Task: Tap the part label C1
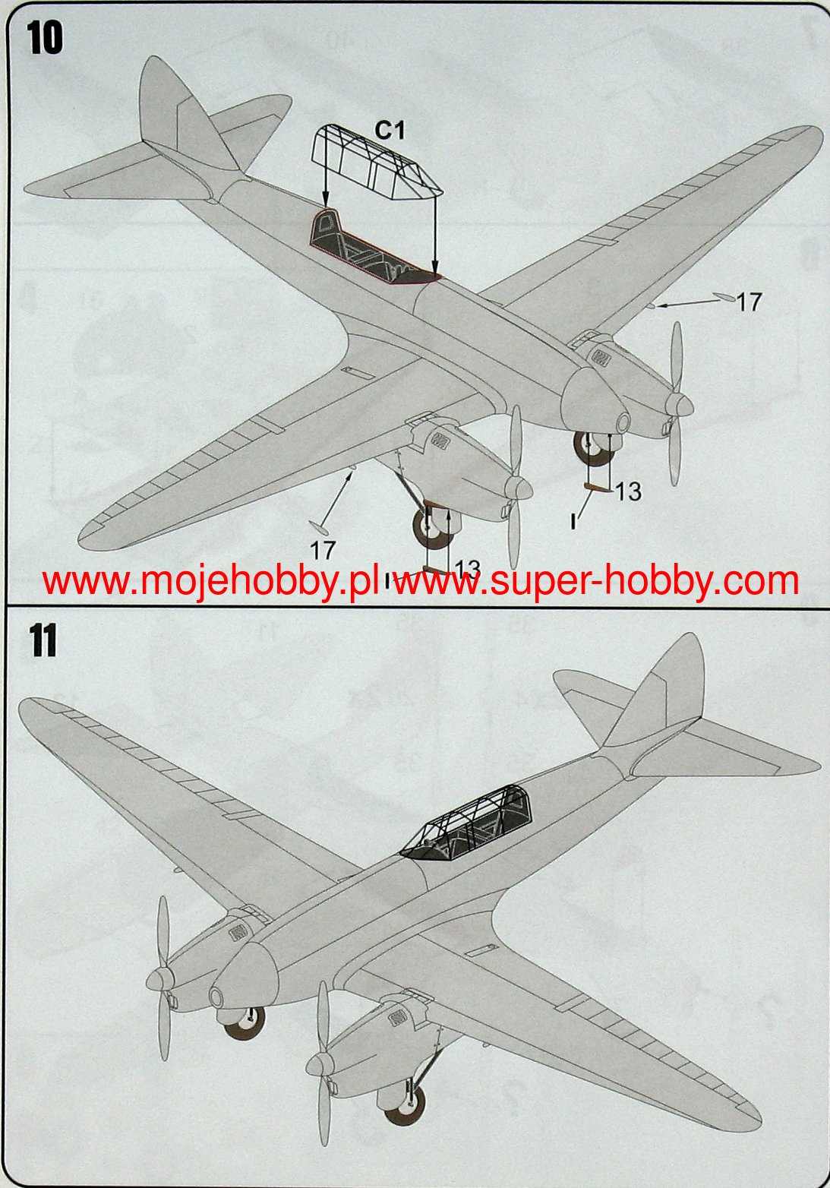(x=390, y=131)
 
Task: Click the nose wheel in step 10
(x=593, y=448)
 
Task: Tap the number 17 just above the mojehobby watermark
(x=323, y=548)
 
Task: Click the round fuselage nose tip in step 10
(x=623, y=422)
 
